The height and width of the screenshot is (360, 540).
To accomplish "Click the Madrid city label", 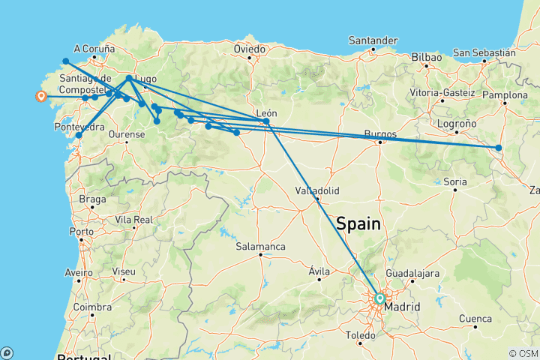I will (x=402, y=307).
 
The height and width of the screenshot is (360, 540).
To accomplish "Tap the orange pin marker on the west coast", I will (x=40, y=95).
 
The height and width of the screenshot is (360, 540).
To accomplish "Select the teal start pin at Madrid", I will (x=379, y=298).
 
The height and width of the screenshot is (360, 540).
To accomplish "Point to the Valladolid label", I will (x=317, y=190).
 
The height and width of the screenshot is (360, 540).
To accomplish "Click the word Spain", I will (x=358, y=223).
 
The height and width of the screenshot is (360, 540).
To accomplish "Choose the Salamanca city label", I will (x=260, y=246).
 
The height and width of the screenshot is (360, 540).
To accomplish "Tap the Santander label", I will (x=373, y=40).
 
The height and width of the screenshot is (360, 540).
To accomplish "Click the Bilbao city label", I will (x=426, y=57).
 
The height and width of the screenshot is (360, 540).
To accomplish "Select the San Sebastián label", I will (x=484, y=53).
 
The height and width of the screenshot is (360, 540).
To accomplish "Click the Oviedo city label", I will (x=250, y=49).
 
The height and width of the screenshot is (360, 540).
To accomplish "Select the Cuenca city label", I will (x=475, y=319).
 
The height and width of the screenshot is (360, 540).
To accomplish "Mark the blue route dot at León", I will (x=266, y=121).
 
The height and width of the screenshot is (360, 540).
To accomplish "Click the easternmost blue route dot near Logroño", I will (x=499, y=148).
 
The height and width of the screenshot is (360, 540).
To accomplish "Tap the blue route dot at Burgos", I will (x=380, y=141).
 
